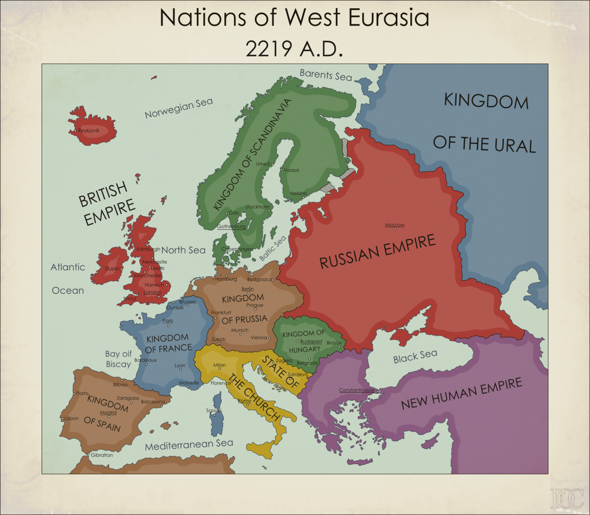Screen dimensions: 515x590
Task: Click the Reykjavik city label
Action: (x=88, y=131)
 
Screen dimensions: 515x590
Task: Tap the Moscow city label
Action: (x=395, y=225)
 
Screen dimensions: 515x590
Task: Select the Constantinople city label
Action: (x=357, y=390)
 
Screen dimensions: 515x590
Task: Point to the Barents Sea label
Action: (x=326, y=74)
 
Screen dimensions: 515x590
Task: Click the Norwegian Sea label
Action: (x=179, y=108)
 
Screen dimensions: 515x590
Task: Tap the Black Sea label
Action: (x=415, y=356)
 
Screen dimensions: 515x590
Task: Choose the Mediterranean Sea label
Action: (x=189, y=444)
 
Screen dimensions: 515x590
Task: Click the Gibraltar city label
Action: (x=101, y=455)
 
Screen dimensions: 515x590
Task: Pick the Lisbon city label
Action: (x=71, y=419)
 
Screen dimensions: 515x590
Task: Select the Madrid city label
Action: (x=108, y=413)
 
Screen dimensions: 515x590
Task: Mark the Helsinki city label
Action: (x=298, y=193)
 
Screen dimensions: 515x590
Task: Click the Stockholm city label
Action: (x=258, y=207)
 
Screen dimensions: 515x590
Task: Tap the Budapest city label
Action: (x=311, y=341)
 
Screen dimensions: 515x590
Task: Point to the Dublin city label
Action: (x=112, y=269)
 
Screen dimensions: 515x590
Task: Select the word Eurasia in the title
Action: (x=389, y=18)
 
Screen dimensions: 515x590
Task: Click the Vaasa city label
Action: (x=291, y=170)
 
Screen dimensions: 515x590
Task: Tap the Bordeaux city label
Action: (x=146, y=360)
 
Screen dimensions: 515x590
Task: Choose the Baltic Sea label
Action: (x=272, y=248)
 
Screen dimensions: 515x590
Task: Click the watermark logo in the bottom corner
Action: (x=567, y=498)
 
